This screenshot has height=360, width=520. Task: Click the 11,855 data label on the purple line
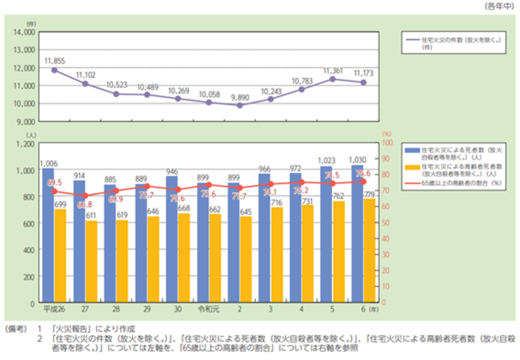pos(55,60)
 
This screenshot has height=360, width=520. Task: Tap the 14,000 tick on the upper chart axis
pos(23,31)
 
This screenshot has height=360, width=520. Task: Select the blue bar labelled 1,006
pos(47,234)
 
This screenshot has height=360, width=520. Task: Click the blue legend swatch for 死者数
pos(411,150)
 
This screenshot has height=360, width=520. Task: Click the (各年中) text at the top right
pos(499,6)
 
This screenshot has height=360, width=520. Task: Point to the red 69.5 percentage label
pos(55,183)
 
